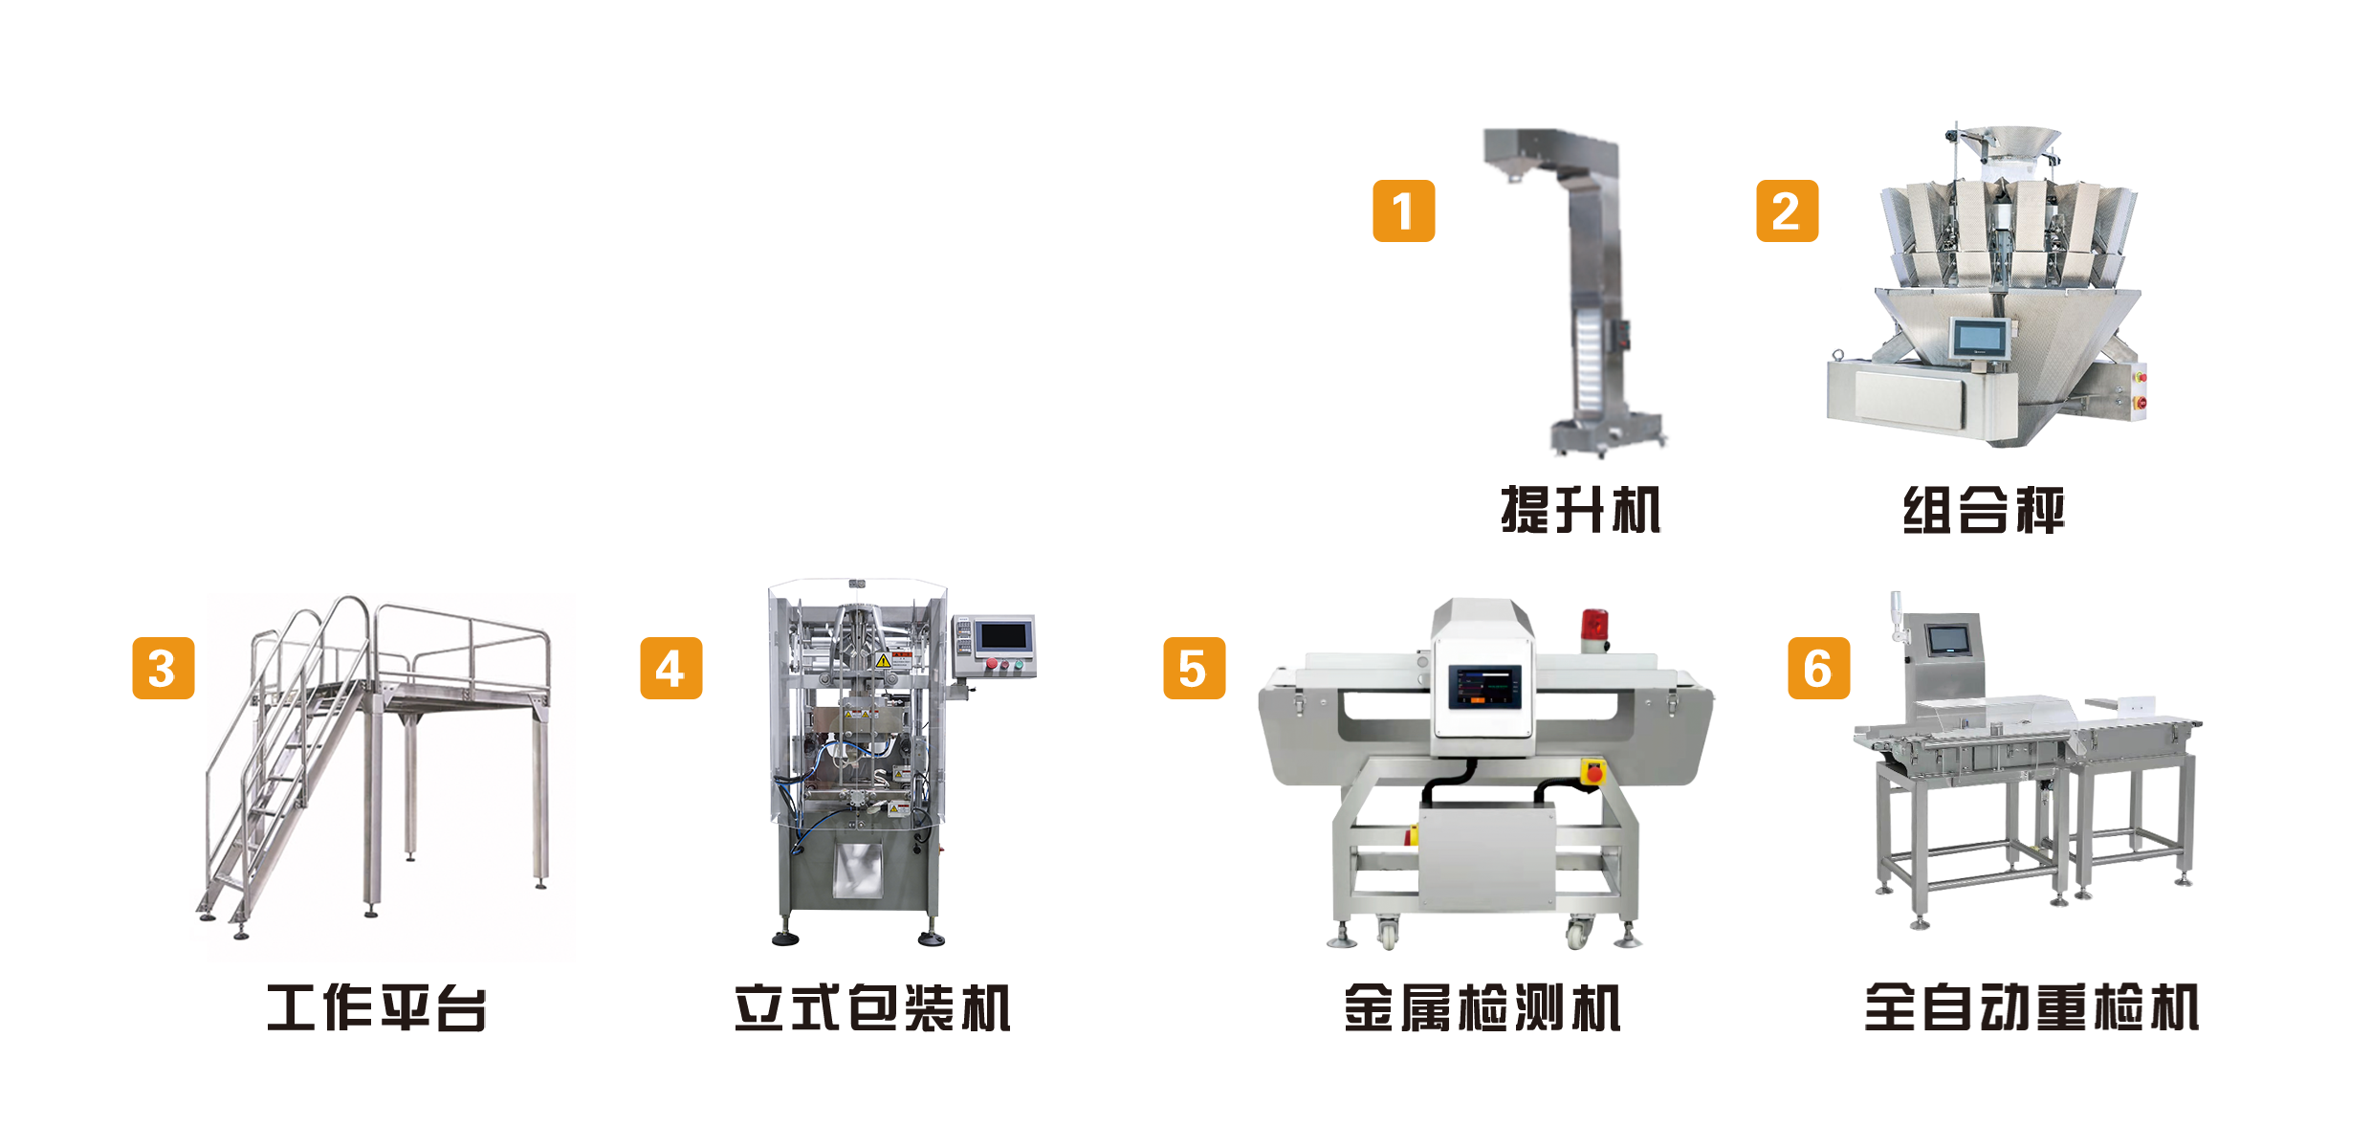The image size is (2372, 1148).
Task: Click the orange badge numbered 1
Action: point(1403,210)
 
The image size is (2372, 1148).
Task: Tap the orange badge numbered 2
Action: point(1787,210)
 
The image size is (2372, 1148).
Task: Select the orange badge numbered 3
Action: point(163,668)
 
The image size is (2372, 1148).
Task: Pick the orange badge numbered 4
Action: point(670,668)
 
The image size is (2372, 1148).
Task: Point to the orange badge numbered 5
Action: point(1194,668)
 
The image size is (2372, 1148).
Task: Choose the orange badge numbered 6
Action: point(1818,668)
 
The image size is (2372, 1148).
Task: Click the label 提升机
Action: point(1580,509)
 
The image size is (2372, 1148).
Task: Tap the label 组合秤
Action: point(1983,509)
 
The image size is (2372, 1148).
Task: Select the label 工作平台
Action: point(376,1007)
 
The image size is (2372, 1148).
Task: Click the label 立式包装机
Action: point(871,1007)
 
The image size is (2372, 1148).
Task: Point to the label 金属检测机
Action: point(1482,1007)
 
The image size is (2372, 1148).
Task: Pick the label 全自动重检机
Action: point(2032,1007)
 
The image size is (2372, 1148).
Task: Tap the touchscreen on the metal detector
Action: point(1484,687)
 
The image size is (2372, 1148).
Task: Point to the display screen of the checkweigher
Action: point(1946,639)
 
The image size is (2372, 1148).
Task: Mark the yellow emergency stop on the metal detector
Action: point(1592,771)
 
